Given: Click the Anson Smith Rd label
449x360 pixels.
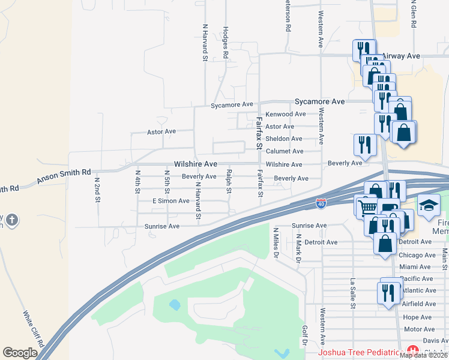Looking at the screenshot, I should point(64,176).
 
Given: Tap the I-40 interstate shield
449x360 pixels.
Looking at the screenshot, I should point(322,204).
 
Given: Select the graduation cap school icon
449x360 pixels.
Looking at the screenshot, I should point(429,206).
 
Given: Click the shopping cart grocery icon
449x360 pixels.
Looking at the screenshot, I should point(366,207).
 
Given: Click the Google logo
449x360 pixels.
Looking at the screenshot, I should point(20,353).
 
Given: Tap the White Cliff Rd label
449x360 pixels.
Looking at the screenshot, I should point(29,328).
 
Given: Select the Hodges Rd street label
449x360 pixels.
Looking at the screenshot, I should point(226,42).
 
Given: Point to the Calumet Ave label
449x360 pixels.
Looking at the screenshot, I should point(285,152).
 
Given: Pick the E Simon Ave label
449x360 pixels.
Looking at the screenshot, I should point(171,201).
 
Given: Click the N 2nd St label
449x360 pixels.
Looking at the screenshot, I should point(97,188).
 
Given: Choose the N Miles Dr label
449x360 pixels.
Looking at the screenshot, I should point(276,241).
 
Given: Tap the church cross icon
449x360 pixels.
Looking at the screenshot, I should point(11,220).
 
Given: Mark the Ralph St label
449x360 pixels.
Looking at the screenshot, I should point(229,182).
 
